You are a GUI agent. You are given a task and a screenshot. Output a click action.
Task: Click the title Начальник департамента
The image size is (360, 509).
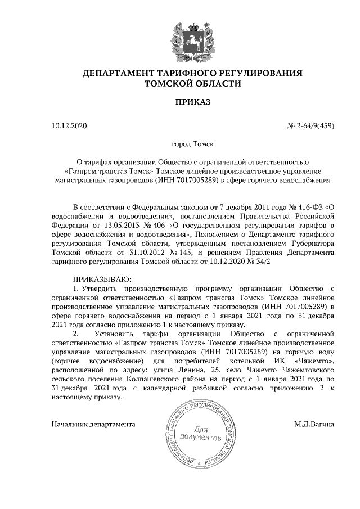click(x=93, y=424)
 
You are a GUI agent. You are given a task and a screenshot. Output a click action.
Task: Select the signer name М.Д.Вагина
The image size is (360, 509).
click(x=314, y=424)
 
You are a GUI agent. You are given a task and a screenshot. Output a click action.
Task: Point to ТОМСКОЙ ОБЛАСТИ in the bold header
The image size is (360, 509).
click(x=192, y=84)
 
